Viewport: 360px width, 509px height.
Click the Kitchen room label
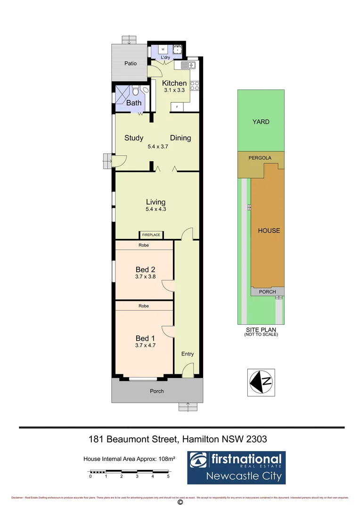(174, 83)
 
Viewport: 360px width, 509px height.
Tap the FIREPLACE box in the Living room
(151, 235)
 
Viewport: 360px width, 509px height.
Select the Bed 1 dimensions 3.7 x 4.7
(145, 345)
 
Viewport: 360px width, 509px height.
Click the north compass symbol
(261, 381)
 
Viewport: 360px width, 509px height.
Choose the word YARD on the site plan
(261, 122)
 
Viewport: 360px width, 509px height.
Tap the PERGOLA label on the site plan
(261, 158)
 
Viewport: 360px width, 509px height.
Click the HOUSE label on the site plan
(269, 230)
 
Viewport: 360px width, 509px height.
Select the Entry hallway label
(188, 354)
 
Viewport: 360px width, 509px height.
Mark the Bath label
(134, 103)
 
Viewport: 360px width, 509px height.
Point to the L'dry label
(165, 57)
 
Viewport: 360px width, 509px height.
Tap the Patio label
(131, 63)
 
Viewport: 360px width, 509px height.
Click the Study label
(134, 138)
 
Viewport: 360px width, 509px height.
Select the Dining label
(180, 138)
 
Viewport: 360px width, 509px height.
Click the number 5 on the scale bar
(168, 476)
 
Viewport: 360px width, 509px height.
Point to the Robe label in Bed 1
(144, 306)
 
